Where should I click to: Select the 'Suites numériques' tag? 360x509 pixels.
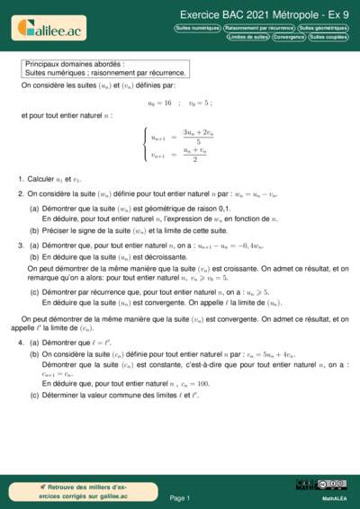click(x=197, y=28)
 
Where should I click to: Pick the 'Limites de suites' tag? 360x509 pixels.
click(x=248, y=37)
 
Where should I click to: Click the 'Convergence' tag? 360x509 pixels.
click(x=289, y=37)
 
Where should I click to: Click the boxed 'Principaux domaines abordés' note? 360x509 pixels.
click(x=105, y=69)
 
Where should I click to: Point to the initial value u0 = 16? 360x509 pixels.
click(x=159, y=103)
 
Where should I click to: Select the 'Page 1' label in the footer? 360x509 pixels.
click(x=179, y=497)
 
